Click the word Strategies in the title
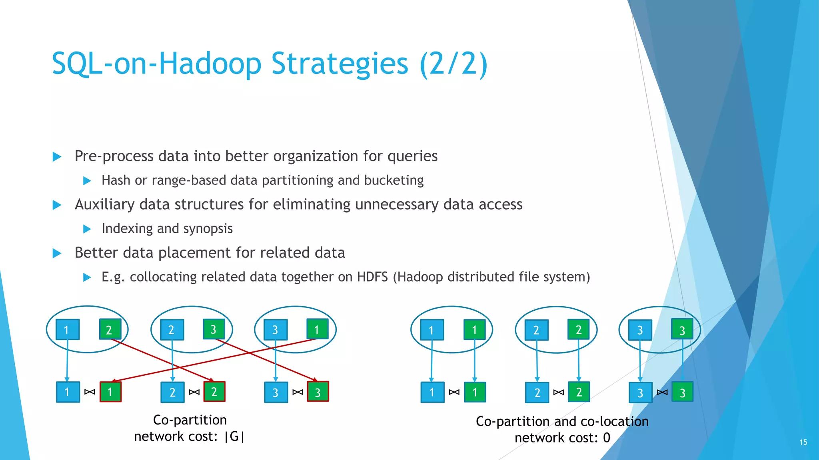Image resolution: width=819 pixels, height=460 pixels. tap(340, 64)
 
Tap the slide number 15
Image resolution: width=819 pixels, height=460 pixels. tap(803, 442)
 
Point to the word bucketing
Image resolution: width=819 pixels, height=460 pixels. tap(394, 180)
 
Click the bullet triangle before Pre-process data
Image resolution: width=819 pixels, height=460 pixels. tap(57, 157)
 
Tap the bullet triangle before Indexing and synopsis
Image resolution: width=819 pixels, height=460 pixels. tap(87, 229)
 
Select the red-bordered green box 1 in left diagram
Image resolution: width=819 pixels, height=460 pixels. tap(110, 392)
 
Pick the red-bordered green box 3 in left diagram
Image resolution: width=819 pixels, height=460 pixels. tap(318, 392)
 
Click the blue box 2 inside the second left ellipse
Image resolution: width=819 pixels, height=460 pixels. tap(172, 330)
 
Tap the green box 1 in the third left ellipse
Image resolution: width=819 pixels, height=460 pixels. tap(317, 329)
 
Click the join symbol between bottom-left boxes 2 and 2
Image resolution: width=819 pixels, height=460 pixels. tap(194, 392)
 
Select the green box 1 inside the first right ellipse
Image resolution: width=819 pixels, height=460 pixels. tap(474, 330)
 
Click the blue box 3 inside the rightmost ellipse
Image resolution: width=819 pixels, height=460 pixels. tap(640, 330)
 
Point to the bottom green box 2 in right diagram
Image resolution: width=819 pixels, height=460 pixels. tap(579, 392)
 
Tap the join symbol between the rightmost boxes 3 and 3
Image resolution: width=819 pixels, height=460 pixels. tap(662, 393)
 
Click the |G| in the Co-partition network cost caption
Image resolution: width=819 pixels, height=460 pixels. tap(234, 436)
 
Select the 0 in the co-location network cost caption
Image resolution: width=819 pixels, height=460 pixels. tap(606, 438)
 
